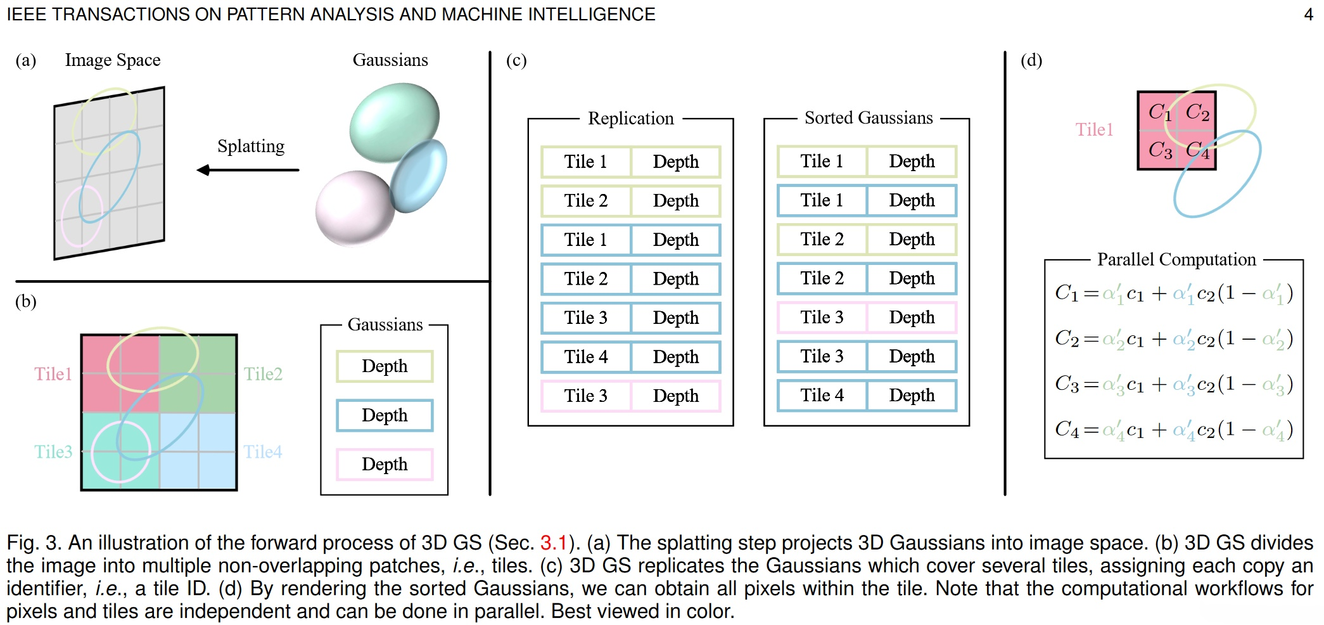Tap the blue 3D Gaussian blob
coord(419,176)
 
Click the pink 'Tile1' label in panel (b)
coord(53,374)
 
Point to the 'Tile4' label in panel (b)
coord(263,452)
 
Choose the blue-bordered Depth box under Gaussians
coord(385,415)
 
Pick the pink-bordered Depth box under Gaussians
coord(385,464)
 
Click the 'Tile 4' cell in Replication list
coord(586,357)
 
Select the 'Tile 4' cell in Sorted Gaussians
coord(822,396)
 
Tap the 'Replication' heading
coord(630,119)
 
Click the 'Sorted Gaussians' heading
coord(869,118)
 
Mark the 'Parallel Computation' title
coord(1176,259)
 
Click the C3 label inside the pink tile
coord(1160,150)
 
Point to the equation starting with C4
coord(1173,430)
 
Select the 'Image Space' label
coord(113,60)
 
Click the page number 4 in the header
coord(1308,14)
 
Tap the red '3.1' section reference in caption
coord(553,543)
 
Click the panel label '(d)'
coord(1031,60)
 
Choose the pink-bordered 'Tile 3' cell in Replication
coord(586,396)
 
